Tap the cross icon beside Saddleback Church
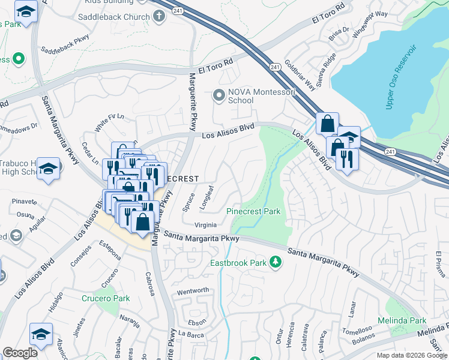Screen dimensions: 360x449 tap(159, 16)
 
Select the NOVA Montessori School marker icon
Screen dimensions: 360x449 tap(219, 95)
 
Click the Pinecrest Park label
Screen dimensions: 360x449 tap(253, 212)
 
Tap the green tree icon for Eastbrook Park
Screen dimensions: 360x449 tap(276, 262)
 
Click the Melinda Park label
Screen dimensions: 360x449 tap(402, 321)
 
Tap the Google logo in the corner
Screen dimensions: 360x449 tap(20, 353)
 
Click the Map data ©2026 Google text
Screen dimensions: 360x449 tap(411, 355)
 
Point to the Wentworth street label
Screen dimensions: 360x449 tap(193, 291)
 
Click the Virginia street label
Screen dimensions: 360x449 tap(205, 226)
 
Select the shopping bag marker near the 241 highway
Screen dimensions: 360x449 tap(328, 124)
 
